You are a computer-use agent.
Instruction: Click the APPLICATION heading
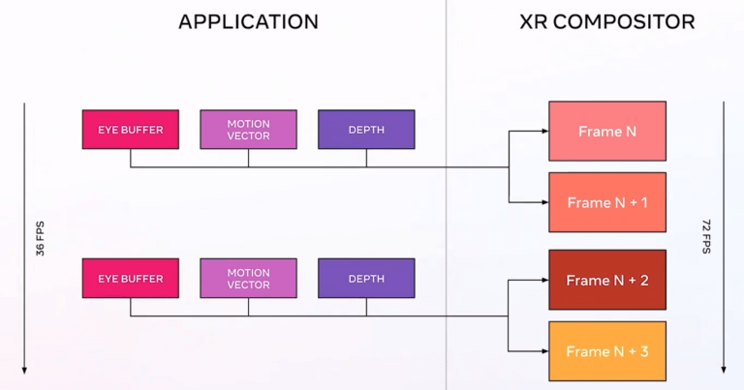(248, 21)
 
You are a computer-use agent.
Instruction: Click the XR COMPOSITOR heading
(606, 21)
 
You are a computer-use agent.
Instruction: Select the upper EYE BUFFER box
(131, 130)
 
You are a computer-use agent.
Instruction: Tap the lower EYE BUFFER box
(131, 279)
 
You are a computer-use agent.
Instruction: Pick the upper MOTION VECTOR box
(249, 130)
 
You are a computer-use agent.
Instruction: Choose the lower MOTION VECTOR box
(249, 279)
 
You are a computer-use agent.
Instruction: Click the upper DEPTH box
(366, 130)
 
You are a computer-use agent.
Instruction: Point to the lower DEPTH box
(366, 279)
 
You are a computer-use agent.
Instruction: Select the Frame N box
(607, 131)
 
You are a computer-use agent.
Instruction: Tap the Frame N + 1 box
(607, 202)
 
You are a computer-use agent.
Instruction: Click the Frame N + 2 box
(607, 280)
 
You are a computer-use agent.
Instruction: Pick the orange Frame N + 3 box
(607, 351)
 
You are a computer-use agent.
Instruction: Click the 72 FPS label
(706, 238)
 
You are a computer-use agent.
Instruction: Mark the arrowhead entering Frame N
(543, 131)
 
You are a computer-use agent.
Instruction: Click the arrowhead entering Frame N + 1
(543, 202)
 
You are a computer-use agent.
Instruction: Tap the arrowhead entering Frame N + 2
(543, 280)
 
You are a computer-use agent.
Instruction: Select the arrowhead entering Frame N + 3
(543, 351)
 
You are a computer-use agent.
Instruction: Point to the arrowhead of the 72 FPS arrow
(724, 371)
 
